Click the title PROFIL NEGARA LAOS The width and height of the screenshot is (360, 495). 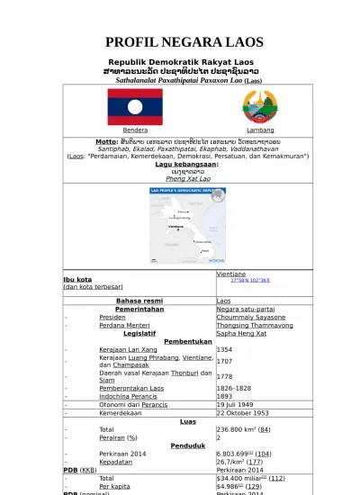(x=184, y=42)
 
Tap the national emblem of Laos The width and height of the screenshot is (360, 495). (x=260, y=107)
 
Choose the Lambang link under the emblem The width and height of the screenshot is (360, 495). (x=260, y=130)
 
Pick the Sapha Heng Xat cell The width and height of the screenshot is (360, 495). (x=242, y=333)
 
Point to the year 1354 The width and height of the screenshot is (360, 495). (x=225, y=349)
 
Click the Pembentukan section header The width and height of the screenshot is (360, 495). (x=188, y=341)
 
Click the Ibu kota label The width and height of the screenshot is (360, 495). (x=77, y=279)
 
